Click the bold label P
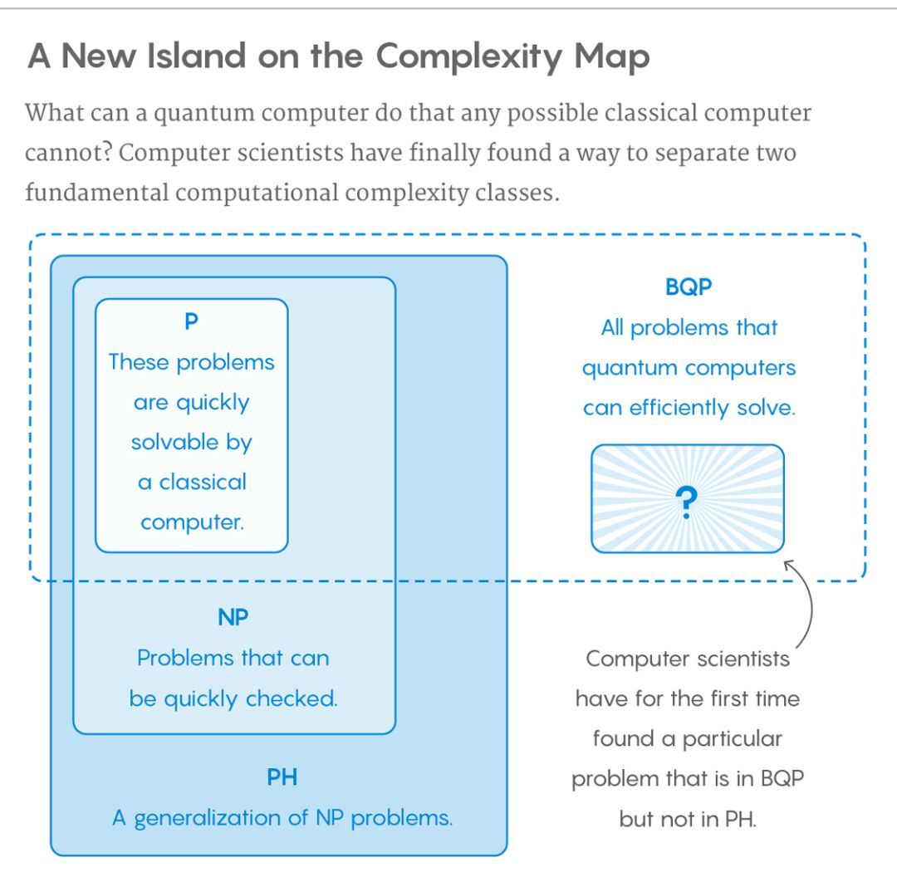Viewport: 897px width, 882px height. [x=192, y=321]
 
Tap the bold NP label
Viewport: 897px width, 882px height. [x=233, y=617]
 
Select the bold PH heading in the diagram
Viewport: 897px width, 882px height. [x=282, y=777]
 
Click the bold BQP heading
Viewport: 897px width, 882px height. [x=689, y=287]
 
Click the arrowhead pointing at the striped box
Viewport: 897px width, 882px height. [x=788, y=565]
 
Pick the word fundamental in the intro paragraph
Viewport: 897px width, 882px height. [x=96, y=193]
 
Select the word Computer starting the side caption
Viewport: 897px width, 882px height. [x=630, y=659]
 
